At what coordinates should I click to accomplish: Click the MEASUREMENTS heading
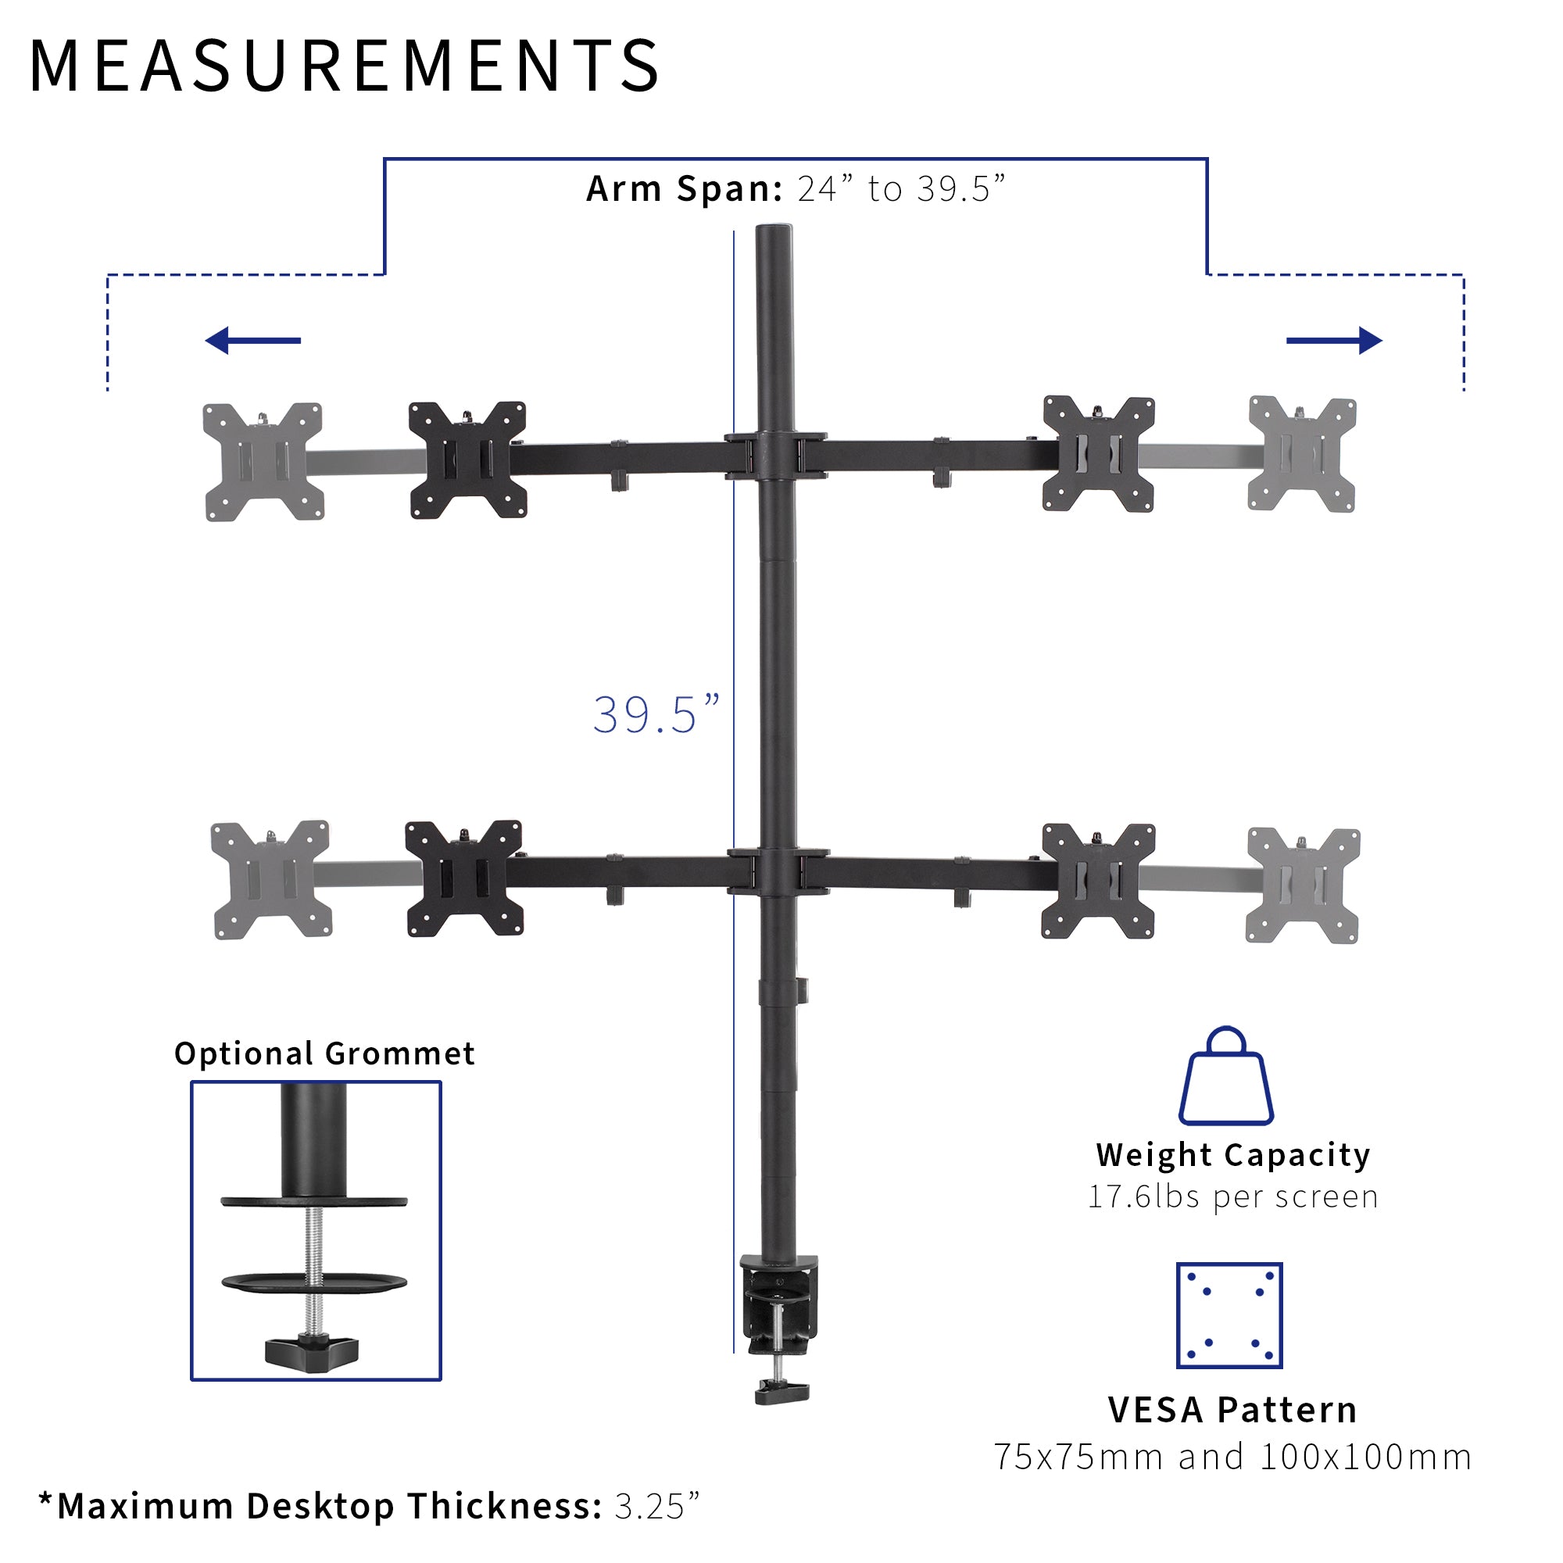344,66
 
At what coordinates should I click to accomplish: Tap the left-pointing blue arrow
252,341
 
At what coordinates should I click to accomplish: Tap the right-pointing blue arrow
1334,341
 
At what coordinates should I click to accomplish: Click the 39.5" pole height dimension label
656,715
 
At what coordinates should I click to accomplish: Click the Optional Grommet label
324,1053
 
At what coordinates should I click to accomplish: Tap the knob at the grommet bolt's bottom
312,1351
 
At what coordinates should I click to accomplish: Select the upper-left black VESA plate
467,460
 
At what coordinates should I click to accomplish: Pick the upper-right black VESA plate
1099,454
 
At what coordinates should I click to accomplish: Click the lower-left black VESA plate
463,878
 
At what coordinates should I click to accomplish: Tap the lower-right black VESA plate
1098,881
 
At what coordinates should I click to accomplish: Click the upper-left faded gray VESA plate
263,462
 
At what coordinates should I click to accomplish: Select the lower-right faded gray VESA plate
1303,885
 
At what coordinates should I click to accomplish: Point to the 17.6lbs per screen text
1232,1196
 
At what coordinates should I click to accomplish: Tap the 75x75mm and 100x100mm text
1232,1457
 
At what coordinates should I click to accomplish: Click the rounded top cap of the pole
774,234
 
